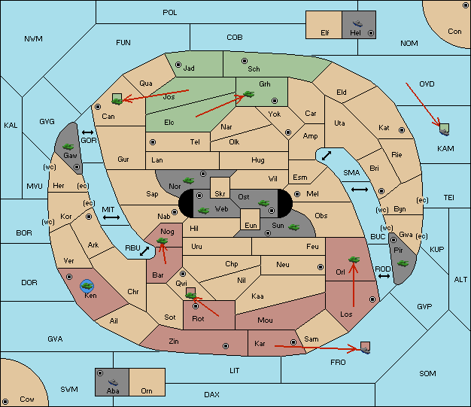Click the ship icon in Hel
[357, 23]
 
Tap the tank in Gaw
[68, 147]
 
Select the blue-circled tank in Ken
[87, 286]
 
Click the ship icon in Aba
[113, 382]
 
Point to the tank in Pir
[403, 263]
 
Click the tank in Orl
[354, 260]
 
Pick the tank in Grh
[249, 94]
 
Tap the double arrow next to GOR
[88, 132]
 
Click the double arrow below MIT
[111, 217]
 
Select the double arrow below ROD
[384, 276]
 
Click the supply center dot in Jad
[178, 65]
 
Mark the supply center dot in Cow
[5, 401]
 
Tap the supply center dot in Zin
[226, 346]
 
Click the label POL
[170, 13]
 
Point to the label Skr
[220, 194]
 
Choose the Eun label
[251, 225]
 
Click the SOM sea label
[427, 373]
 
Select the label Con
[454, 32]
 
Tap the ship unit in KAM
[444, 132]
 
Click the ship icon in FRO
[365, 350]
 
